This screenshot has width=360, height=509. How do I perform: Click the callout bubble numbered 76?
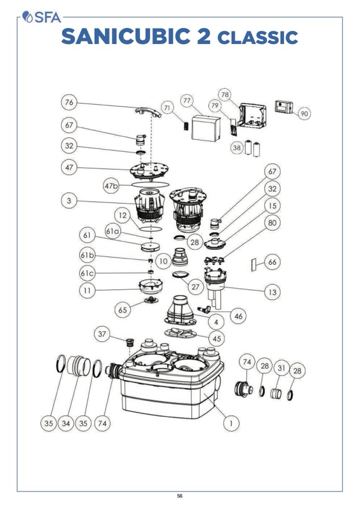68,102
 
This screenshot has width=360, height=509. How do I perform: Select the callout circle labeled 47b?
112,186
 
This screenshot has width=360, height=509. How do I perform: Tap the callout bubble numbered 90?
304,113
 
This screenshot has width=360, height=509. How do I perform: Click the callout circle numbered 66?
273,262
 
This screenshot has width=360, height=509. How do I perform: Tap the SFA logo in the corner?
42,18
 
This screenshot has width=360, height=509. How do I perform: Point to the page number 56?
179,496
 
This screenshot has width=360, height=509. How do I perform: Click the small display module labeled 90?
284,107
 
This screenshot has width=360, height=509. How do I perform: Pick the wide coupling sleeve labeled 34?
79,366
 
